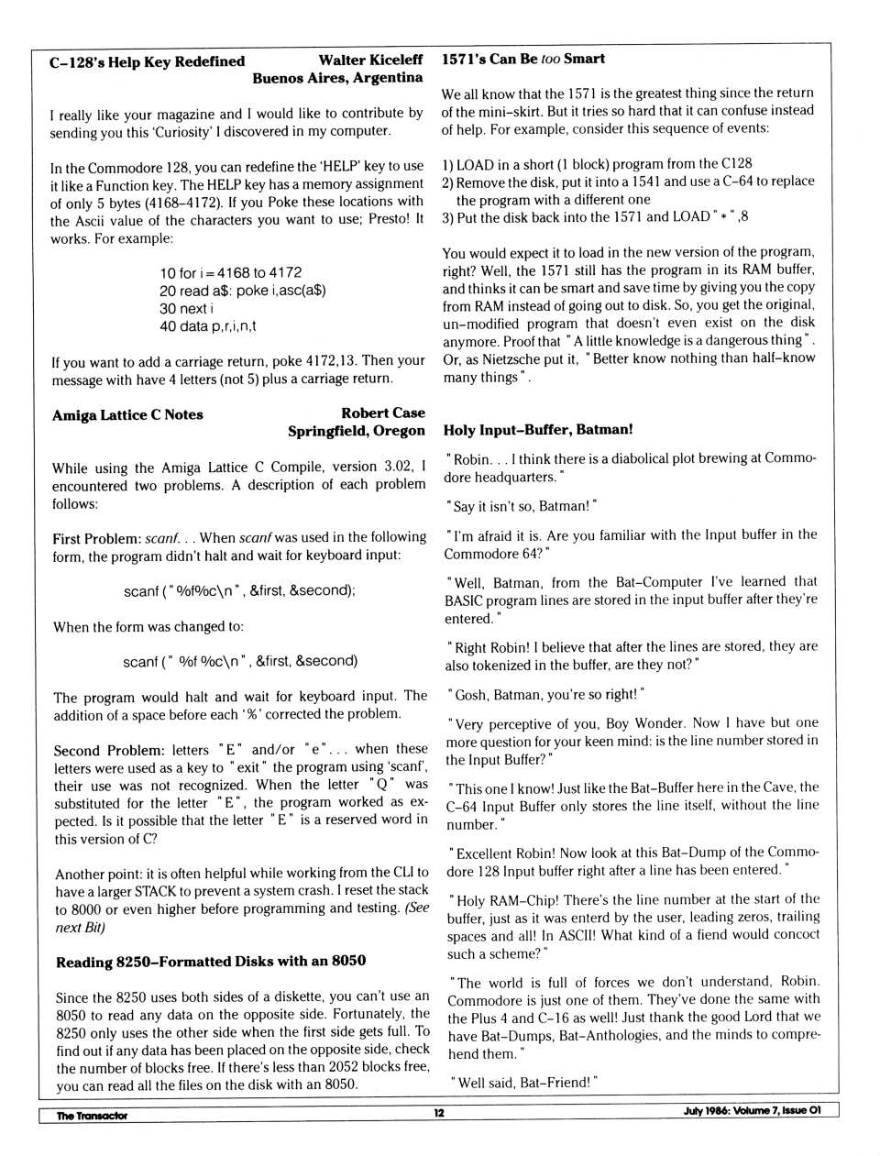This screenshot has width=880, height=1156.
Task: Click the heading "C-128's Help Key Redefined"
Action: [147, 61]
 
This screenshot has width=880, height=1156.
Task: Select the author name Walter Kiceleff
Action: [370, 61]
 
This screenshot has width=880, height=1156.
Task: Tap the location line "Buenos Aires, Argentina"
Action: [337, 78]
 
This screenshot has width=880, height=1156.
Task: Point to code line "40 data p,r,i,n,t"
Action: [208, 325]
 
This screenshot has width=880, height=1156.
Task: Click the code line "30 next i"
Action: [187, 308]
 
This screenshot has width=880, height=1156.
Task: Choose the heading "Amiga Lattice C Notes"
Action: [127, 414]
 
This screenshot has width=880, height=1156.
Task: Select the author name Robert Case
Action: [383, 413]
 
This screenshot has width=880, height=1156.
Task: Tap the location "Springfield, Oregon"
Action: [357, 431]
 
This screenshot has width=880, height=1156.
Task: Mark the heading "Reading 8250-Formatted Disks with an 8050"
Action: [211, 961]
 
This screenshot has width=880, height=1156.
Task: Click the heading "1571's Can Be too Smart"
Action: [522, 59]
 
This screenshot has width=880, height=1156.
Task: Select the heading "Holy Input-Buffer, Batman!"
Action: [537, 429]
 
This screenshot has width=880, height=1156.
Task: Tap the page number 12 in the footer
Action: [439, 1113]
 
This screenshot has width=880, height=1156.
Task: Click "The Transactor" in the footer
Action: [92, 1115]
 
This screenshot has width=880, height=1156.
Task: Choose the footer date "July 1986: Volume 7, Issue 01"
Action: [752, 1111]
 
